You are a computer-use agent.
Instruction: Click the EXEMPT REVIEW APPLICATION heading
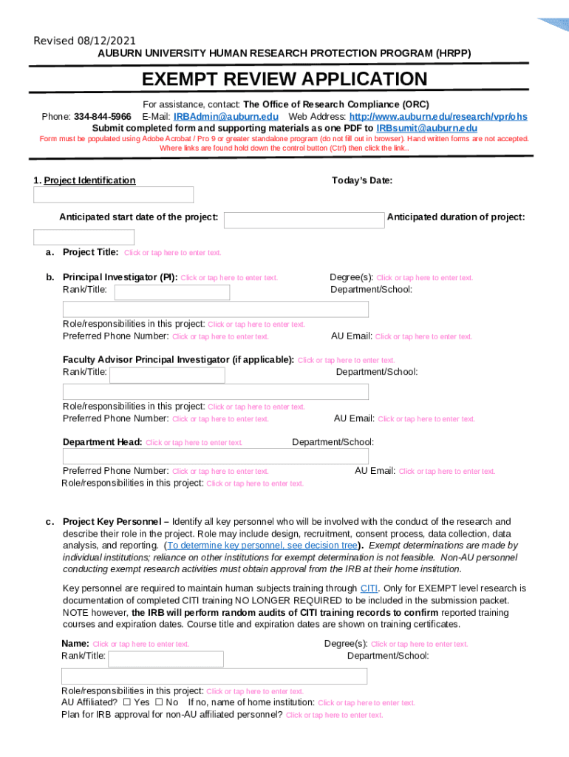click(x=284, y=80)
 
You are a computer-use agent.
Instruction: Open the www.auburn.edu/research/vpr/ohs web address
click(x=438, y=117)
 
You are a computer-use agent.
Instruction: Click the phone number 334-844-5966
click(x=103, y=117)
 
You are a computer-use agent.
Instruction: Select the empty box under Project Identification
click(x=114, y=194)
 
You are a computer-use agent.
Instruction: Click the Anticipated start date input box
click(x=304, y=220)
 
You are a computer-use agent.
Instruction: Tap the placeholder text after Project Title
click(x=172, y=253)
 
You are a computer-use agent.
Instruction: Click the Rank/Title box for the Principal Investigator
click(x=172, y=292)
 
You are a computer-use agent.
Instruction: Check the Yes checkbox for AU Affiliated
click(x=127, y=702)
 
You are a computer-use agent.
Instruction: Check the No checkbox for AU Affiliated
click(x=159, y=702)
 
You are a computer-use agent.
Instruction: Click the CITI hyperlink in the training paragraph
click(x=369, y=588)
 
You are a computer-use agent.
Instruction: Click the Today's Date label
click(x=362, y=180)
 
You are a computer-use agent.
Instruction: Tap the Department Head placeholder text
click(x=194, y=443)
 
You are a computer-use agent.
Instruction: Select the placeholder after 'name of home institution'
click(x=367, y=703)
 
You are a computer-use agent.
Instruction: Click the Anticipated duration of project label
click(x=456, y=217)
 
